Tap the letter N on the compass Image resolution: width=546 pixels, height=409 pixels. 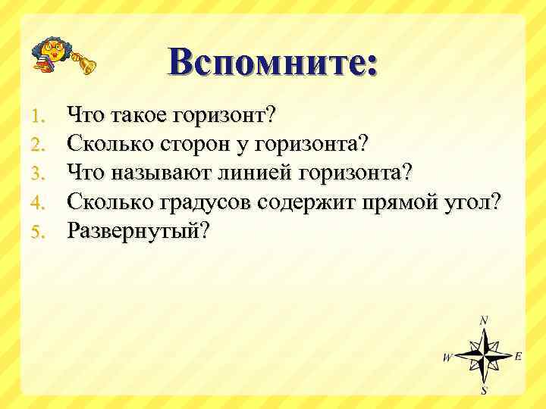coord(484,320)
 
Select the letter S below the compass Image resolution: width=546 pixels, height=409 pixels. coord(484,391)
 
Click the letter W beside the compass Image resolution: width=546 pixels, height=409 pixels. coord(447,357)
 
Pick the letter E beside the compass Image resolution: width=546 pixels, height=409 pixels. coord(518,355)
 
